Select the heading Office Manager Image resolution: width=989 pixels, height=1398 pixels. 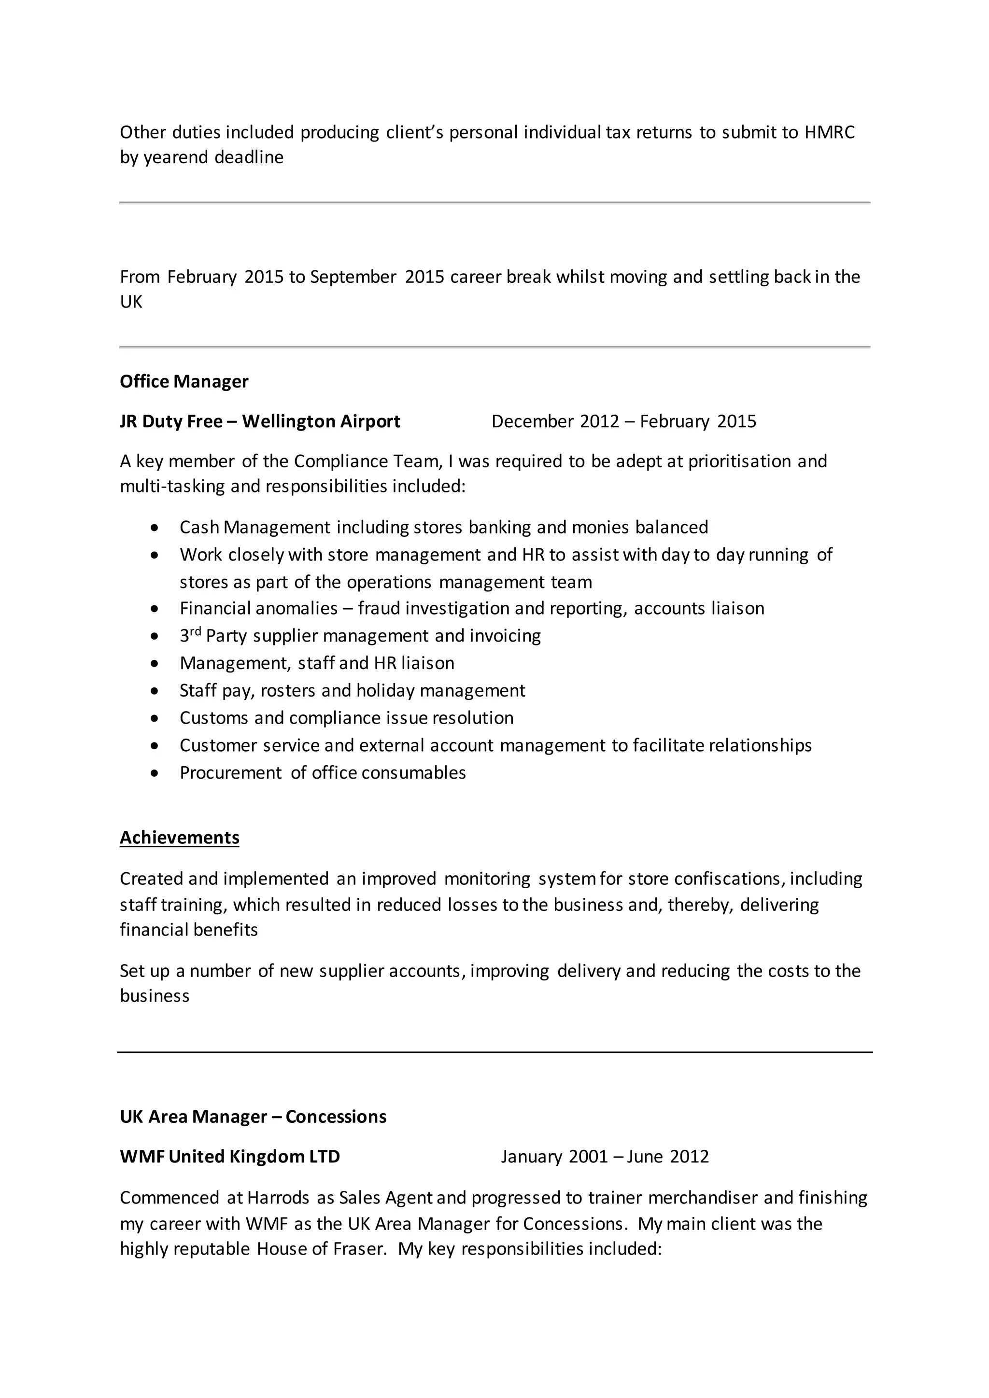(x=184, y=381)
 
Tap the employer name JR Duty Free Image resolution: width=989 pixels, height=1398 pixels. (x=170, y=421)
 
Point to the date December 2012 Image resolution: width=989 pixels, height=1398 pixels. (x=555, y=421)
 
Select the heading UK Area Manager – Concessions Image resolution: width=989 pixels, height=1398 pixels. (x=253, y=1116)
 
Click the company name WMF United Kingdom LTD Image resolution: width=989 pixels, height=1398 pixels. (x=229, y=1156)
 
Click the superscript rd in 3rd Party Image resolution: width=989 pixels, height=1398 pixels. (x=196, y=631)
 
